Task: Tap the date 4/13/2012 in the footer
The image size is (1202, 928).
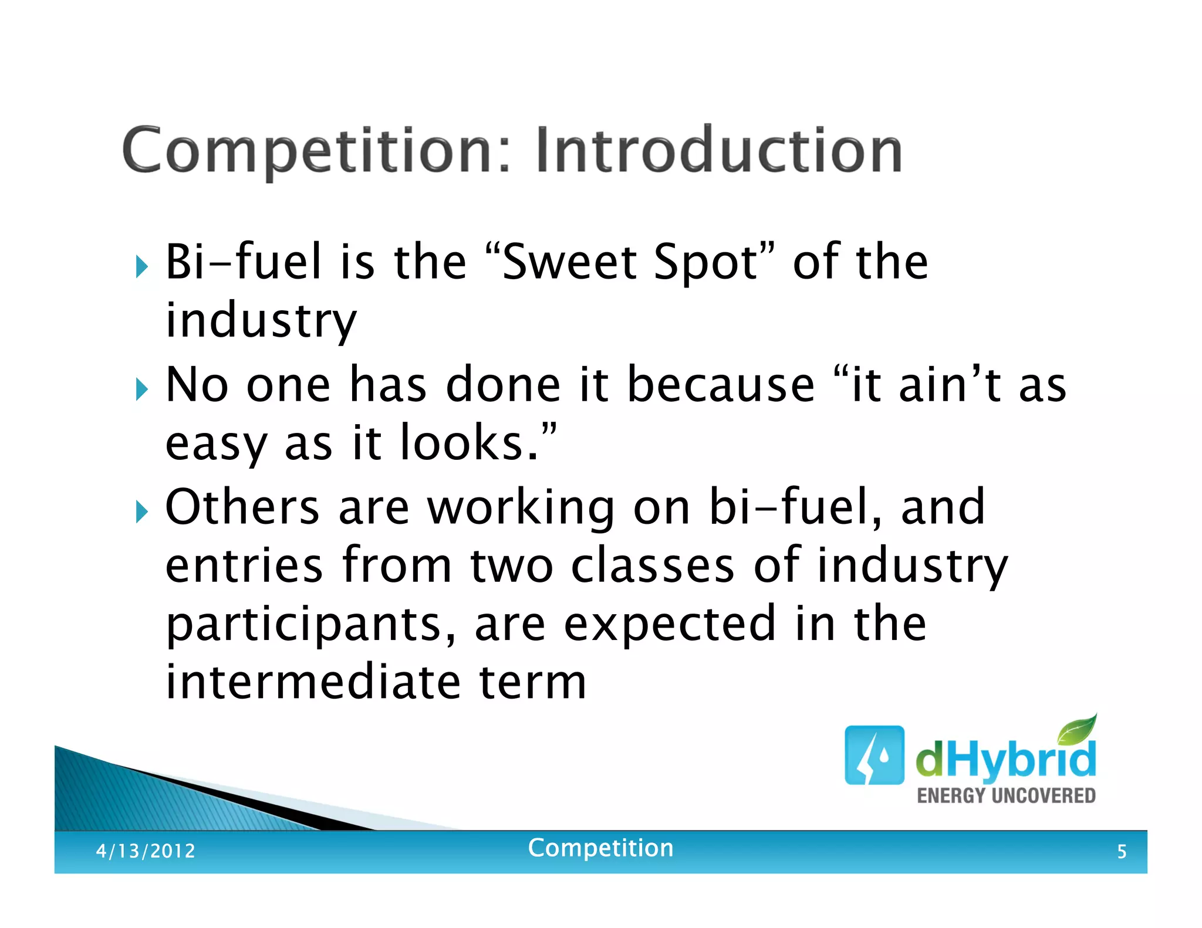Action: (x=146, y=851)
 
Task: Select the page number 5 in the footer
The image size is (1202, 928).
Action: (x=1122, y=851)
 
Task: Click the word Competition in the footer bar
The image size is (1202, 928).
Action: (x=600, y=848)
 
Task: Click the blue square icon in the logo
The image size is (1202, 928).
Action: (x=874, y=755)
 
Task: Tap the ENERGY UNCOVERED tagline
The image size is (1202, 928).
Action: (x=1006, y=795)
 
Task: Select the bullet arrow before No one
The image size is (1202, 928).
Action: (x=141, y=390)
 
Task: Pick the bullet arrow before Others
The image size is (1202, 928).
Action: (x=141, y=512)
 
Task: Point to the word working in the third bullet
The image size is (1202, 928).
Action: (x=520, y=507)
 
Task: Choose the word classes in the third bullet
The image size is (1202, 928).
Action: (x=652, y=565)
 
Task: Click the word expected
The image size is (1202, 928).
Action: (x=670, y=624)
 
